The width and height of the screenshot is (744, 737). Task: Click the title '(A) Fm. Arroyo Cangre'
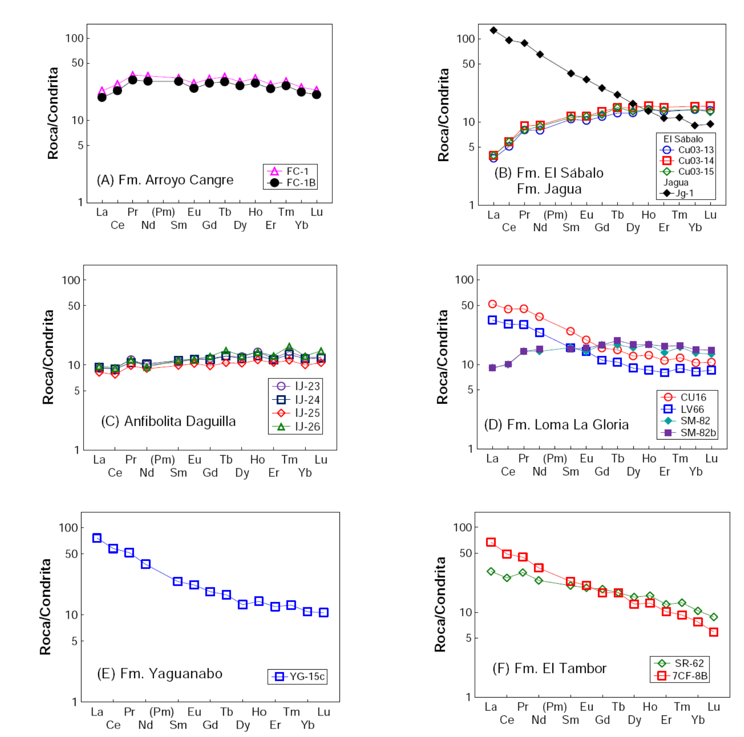pos(165,180)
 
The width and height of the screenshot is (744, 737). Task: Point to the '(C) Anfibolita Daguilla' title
pos(168,421)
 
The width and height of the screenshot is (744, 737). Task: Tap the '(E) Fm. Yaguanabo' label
pos(160,674)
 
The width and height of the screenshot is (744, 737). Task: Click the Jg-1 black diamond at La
pos(493,30)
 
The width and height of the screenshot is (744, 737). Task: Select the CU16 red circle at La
pos(492,304)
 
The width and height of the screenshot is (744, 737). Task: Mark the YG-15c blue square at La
pos(97,538)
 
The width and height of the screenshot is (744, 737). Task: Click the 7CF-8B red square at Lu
pos(713,632)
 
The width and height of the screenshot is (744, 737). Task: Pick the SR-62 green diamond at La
pos(491,571)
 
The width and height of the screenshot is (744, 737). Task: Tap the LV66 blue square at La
pos(492,320)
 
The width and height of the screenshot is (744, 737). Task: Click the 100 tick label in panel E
pos(68,527)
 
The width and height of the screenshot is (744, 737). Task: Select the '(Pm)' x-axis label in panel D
pos(555,459)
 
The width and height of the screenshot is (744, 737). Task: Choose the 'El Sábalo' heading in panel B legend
pos(683,139)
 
